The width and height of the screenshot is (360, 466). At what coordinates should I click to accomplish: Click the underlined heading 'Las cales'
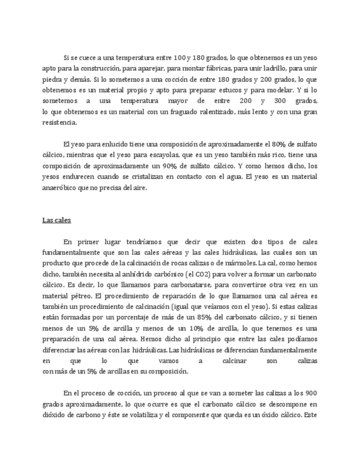(x=57, y=220)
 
